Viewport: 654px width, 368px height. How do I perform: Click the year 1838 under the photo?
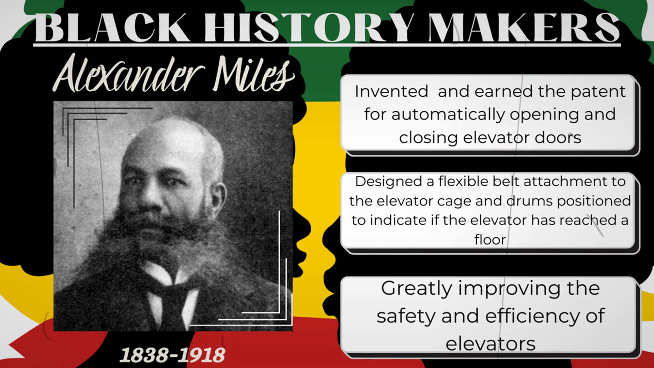tap(144, 355)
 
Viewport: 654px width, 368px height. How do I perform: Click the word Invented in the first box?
tap(391, 91)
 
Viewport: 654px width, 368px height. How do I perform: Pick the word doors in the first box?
tap(558, 138)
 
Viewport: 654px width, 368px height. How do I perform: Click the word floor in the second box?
tap(490, 240)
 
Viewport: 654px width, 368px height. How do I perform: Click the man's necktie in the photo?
tap(172, 307)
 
